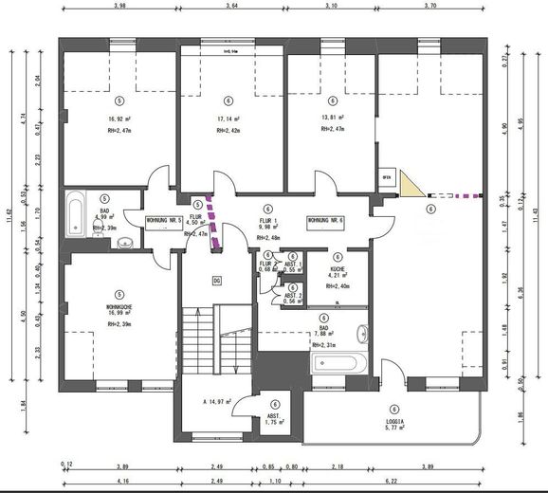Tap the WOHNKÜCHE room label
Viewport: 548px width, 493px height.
[x=119, y=308]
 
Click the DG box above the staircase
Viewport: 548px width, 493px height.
[x=216, y=281]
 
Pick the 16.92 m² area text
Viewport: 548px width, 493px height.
[x=119, y=119]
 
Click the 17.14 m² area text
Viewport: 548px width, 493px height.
[x=228, y=119]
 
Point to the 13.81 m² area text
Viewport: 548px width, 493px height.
[x=332, y=119]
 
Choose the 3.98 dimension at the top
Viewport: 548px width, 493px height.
[x=119, y=8]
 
